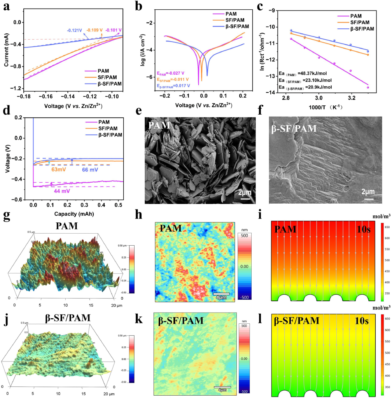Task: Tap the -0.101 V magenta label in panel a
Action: (114, 30)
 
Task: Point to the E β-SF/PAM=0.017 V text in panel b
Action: (173, 85)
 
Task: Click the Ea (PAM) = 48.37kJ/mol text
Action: (301, 73)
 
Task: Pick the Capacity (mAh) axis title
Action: (73, 214)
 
